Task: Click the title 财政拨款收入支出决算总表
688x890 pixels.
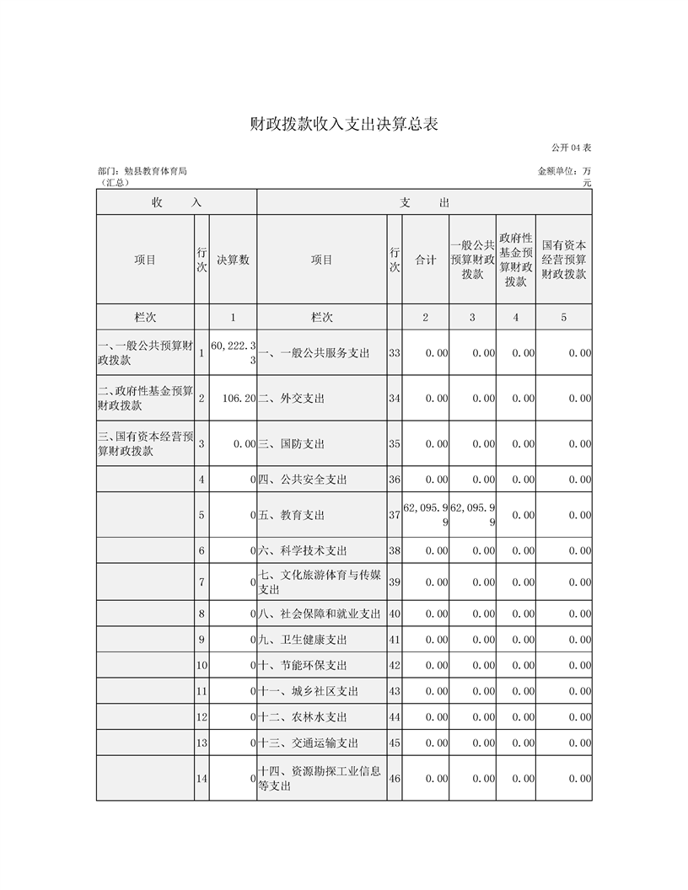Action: (344, 124)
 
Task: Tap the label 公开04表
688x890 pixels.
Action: (571, 148)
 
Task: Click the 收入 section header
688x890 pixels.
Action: (176, 202)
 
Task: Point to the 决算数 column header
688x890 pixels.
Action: (233, 260)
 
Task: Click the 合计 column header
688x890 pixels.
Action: (425, 260)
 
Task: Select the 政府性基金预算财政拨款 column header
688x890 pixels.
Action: (515, 260)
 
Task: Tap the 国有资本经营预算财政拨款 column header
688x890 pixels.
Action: (563, 260)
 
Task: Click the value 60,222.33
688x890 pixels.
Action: (233, 353)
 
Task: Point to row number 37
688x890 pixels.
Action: (394, 515)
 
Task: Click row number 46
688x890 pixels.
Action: (394, 779)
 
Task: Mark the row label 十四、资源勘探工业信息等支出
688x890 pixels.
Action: (320, 779)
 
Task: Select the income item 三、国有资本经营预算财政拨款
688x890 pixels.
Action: (146, 443)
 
